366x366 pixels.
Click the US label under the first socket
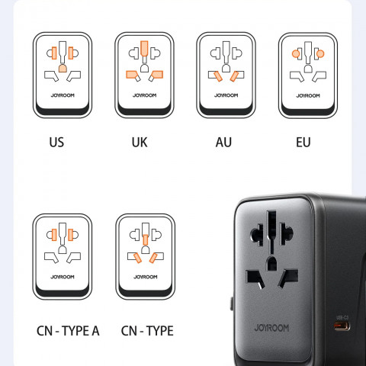(x=56, y=143)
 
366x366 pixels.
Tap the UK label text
(x=139, y=143)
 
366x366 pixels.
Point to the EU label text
(x=303, y=143)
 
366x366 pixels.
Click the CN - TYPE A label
(x=69, y=331)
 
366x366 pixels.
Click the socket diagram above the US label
(x=62, y=74)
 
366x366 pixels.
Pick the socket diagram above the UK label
(x=144, y=74)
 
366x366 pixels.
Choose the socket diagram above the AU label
(x=226, y=74)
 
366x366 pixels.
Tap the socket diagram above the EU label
(x=307, y=74)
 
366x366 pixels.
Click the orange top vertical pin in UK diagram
(x=143, y=51)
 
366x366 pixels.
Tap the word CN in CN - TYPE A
(x=45, y=331)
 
